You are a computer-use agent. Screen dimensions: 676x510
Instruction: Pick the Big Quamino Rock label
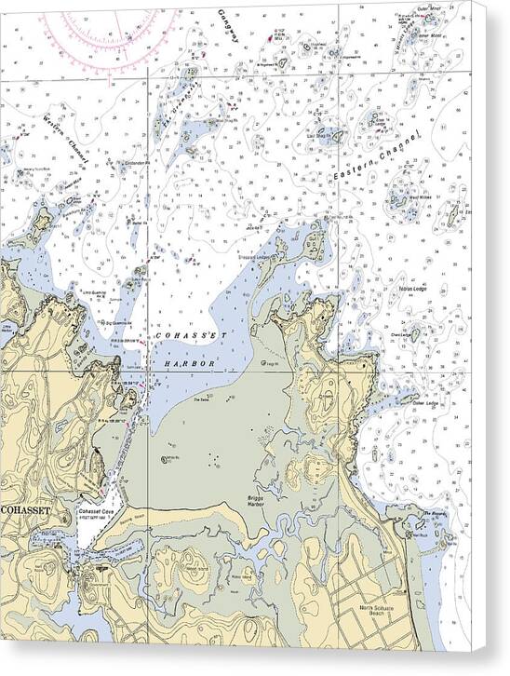point(120,321)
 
